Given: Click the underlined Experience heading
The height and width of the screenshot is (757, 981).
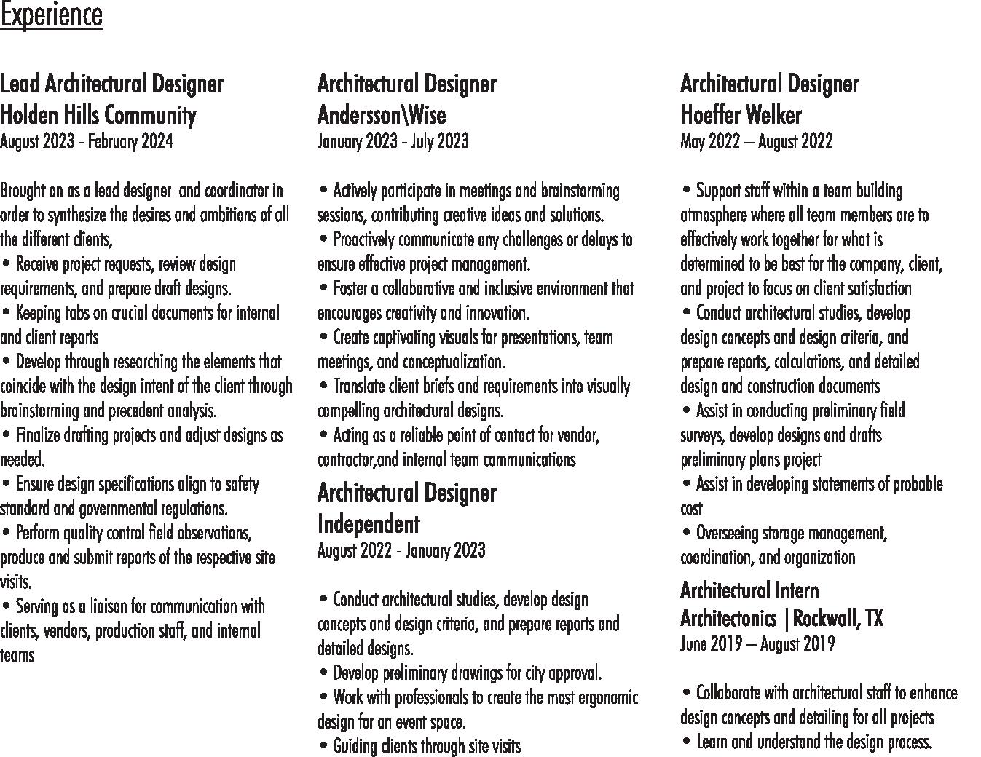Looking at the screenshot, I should pos(51,15).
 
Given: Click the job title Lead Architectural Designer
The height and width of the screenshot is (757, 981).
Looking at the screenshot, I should pos(111,84).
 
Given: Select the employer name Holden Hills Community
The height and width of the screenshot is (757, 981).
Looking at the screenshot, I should pos(98,115).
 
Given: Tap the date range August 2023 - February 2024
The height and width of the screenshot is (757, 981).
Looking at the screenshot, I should pos(86,141).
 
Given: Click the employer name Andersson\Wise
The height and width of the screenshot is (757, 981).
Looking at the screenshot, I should pos(382,115).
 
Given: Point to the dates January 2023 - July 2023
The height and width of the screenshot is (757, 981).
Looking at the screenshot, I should pos(393,141).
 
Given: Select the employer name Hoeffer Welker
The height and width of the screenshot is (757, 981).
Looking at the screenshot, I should pos(741,115).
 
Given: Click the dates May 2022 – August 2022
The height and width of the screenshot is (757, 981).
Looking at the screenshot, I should pos(756,141).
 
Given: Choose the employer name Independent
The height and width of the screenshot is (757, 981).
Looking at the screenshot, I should pos(368,524).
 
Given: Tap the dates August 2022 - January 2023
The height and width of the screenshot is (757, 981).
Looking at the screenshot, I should pos(401,550).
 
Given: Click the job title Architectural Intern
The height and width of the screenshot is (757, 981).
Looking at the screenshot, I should pos(749,590).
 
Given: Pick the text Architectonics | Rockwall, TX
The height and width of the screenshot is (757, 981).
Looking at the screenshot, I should pos(781,619).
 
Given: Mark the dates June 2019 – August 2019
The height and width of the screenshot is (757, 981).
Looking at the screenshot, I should pos(757,644).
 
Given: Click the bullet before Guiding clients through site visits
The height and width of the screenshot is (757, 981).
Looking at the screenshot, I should pos(323,745).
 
